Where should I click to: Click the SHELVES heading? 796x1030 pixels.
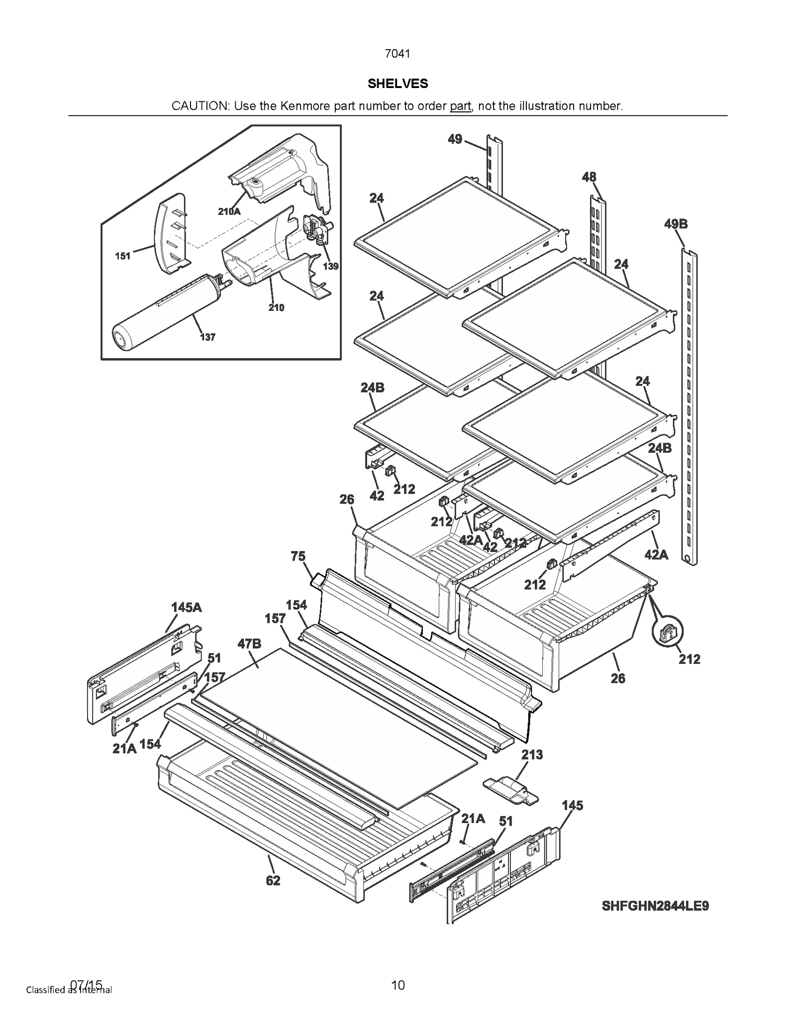(398, 84)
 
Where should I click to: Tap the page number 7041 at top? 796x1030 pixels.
(398, 54)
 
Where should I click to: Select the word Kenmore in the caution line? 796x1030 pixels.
(303, 106)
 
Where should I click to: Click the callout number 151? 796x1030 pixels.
(122, 256)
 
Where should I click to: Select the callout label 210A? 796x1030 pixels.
(229, 211)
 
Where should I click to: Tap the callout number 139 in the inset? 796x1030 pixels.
(330, 266)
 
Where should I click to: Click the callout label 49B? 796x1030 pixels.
(676, 224)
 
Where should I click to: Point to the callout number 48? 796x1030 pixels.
(589, 177)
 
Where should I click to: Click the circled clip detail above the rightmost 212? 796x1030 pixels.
(667, 632)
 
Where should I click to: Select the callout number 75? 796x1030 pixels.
(298, 556)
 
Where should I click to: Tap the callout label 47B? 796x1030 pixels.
(249, 644)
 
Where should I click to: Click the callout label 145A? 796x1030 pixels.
(187, 607)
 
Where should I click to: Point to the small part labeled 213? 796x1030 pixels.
(510, 790)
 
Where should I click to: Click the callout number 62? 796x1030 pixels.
(273, 881)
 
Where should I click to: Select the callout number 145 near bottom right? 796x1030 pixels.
(572, 805)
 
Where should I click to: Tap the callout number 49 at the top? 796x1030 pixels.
(455, 139)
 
